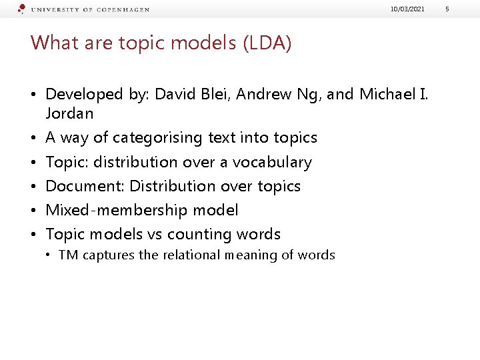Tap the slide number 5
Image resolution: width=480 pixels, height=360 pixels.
click(x=466, y=9)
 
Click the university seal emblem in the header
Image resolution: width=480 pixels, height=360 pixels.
click(x=22, y=9)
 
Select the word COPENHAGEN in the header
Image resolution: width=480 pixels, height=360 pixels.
click(x=121, y=10)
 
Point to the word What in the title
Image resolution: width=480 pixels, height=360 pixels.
click(x=51, y=43)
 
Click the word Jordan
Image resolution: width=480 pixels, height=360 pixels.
click(x=69, y=113)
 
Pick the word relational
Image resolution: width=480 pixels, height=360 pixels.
click(x=187, y=255)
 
